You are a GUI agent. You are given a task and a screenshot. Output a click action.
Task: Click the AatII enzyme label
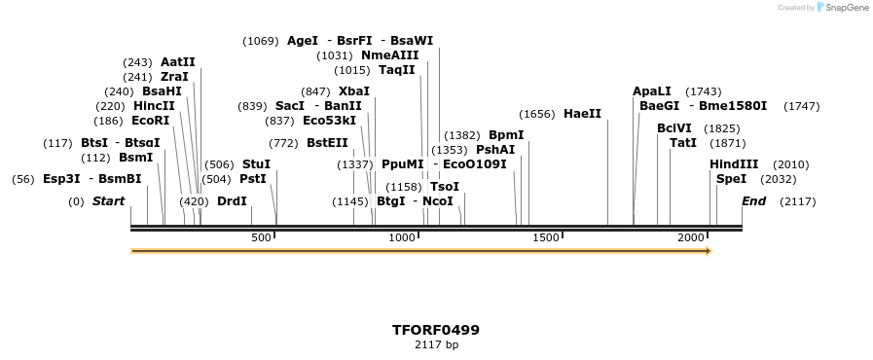pyautogui.click(x=178, y=61)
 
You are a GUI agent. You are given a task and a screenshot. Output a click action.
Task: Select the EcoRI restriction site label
pyautogui.click(x=150, y=121)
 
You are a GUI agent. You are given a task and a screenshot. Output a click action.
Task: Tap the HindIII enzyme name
pyautogui.click(x=734, y=164)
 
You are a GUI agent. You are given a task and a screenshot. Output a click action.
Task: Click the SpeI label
pyautogui.click(x=731, y=179)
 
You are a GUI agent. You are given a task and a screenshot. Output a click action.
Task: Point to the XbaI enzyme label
pyautogui.click(x=354, y=91)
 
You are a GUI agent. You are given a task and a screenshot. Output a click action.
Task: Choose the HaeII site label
pyautogui.click(x=582, y=114)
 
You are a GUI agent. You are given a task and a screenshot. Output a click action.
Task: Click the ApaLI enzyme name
pyautogui.click(x=652, y=91)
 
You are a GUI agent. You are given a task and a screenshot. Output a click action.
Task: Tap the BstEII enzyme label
pyautogui.click(x=327, y=143)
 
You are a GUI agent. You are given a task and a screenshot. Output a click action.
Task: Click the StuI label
pyautogui.click(x=256, y=164)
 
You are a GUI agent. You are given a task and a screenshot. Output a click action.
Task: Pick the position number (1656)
pyautogui.click(x=536, y=114)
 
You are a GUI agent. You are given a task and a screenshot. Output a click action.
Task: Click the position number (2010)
pyautogui.click(x=790, y=164)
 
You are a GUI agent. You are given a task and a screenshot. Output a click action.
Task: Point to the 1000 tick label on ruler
pyautogui.click(x=402, y=238)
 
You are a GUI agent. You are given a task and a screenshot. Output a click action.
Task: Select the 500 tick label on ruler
pyautogui.click(x=261, y=238)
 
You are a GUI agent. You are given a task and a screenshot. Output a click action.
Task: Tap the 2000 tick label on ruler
pyautogui.click(x=691, y=238)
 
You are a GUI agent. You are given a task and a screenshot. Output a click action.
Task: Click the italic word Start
pyautogui.click(x=108, y=201)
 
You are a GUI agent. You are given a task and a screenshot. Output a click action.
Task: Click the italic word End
pyautogui.click(x=753, y=201)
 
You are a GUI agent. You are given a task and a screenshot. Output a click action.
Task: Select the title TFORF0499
pyautogui.click(x=436, y=330)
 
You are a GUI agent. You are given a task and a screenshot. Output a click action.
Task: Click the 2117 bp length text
pyautogui.click(x=436, y=345)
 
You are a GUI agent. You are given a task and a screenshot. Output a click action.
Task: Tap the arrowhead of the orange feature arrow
pyautogui.click(x=709, y=251)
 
